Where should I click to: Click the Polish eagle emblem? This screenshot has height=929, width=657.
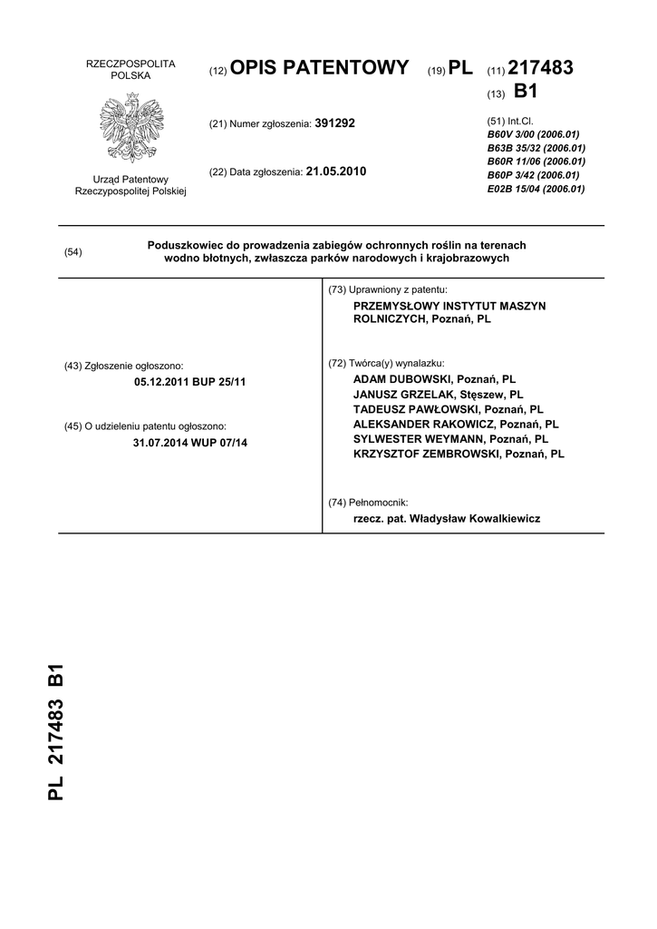130,131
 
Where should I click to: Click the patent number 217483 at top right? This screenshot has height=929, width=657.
541,69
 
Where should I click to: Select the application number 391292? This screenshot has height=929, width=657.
334,122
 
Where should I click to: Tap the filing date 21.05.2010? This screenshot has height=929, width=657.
336,171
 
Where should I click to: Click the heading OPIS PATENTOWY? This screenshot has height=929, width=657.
320,69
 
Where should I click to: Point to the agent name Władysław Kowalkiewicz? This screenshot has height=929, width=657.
475,519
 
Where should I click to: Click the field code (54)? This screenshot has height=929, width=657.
73,252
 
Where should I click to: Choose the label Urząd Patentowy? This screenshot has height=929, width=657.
130,180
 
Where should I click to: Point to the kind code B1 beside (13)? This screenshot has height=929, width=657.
527,92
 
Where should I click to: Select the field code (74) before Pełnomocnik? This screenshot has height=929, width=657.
338,502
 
